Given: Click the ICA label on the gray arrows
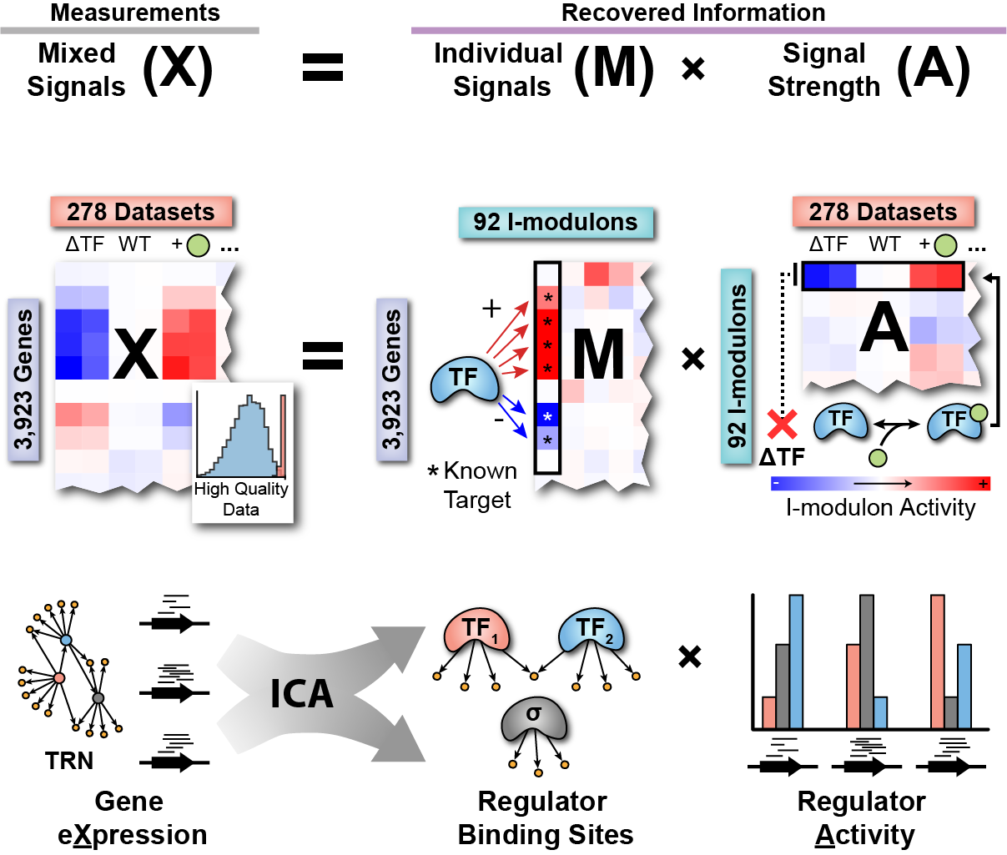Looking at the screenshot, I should point(301,694).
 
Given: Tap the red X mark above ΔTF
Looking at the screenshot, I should point(782,425).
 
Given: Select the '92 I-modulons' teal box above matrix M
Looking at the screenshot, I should point(556,222).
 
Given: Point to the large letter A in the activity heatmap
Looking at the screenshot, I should point(884,328).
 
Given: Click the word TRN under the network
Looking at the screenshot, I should point(69,761).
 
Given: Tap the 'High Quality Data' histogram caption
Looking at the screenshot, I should point(241,499).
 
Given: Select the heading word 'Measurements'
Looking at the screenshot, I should point(135,13).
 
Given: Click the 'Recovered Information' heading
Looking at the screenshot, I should point(693,13).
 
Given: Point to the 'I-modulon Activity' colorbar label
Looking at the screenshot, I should point(880,508).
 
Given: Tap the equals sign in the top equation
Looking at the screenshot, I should point(322,68).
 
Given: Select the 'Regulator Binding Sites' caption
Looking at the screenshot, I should point(545,818).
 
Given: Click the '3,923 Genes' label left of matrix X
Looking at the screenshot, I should point(23,380).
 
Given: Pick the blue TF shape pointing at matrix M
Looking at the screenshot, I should point(464,380).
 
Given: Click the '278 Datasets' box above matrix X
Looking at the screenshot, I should point(141,212).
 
